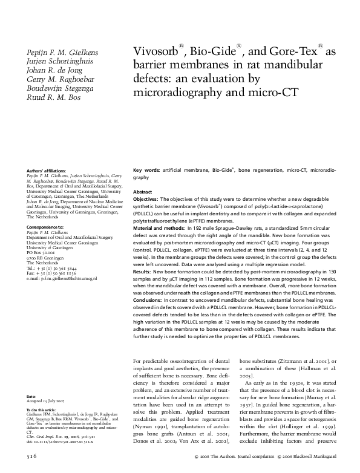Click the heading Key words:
click(146, 172)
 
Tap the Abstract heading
click(142, 191)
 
